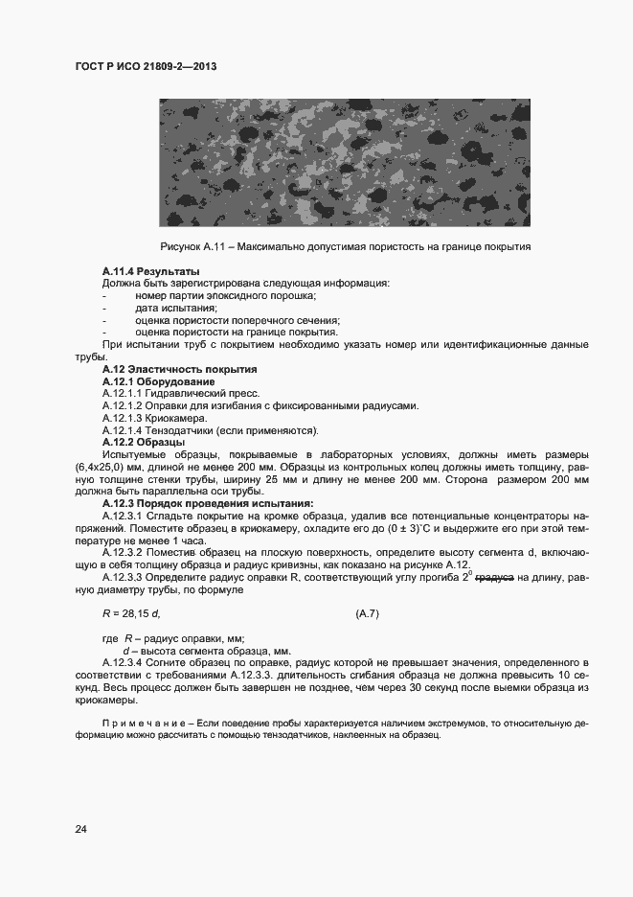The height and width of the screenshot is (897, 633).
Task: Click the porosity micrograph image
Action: (x=344, y=164)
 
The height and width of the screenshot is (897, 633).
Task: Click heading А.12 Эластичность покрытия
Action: (x=179, y=369)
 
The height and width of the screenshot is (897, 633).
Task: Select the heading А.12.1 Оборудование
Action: (x=158, y=381)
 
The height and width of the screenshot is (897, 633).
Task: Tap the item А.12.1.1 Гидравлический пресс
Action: (x=183, y=393)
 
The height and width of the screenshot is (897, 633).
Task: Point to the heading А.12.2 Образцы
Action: (x=143, y=442)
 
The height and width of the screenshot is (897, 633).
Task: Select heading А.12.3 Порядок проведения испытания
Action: (x=208, y=503)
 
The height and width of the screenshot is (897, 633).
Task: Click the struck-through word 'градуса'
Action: (x=495, y=577)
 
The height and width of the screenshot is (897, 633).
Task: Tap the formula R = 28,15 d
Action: (x=130, y=612)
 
